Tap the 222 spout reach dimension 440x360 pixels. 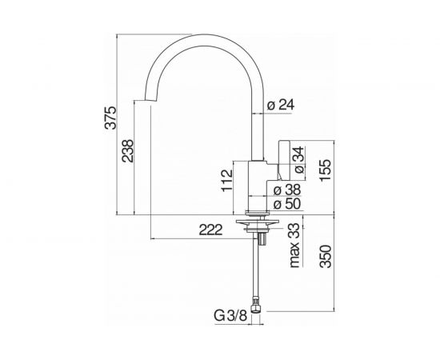(x=210, y=230)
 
